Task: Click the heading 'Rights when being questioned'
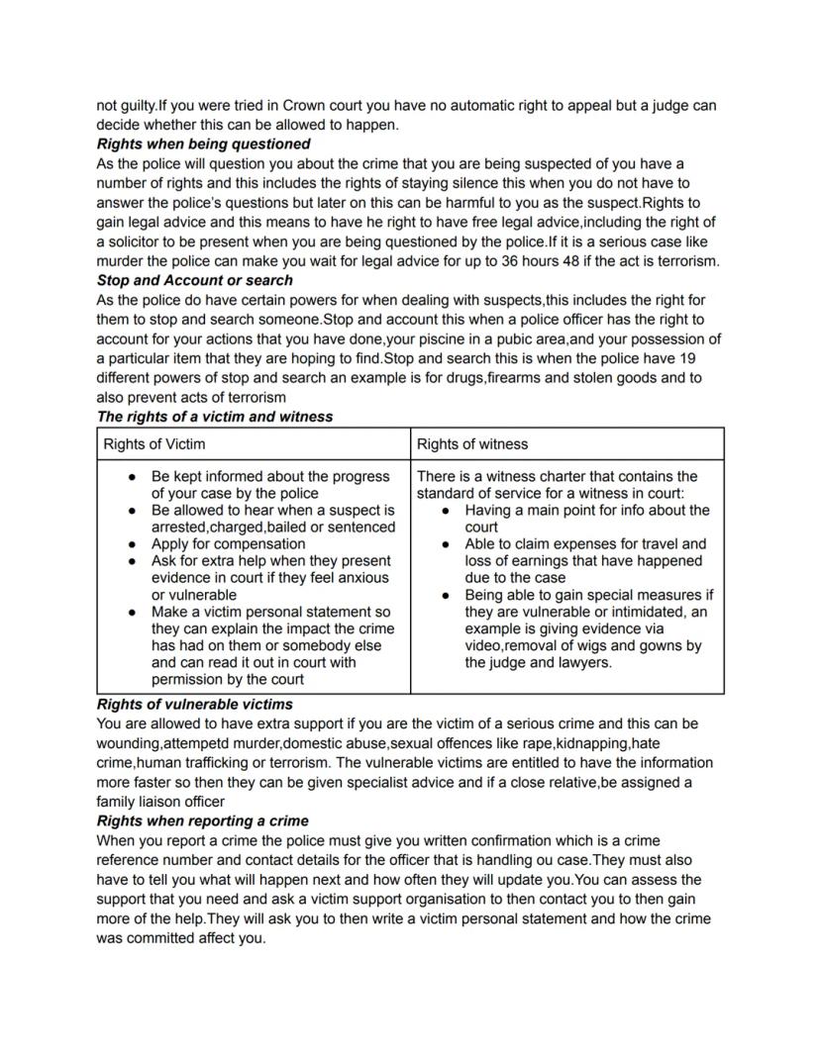[x=203, y=145]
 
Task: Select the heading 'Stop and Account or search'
[x=194, y=280]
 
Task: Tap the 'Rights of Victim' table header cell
[x=154, y=444]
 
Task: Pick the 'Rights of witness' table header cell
[x=472, y=444]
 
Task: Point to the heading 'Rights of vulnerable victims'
[x=194, y=705]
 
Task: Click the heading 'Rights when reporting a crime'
[x=202, y=821]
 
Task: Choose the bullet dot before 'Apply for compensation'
[x=133, y=544]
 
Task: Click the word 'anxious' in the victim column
[x=362, y=578]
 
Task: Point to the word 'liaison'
[x=167, y=802]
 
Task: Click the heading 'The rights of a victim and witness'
[x=214, y=417]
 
